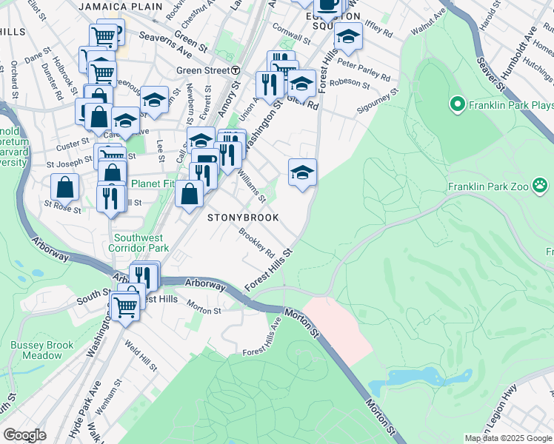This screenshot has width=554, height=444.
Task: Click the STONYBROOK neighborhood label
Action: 243,218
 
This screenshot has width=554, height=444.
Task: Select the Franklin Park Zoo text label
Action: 488,186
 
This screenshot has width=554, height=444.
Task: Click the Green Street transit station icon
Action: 236,70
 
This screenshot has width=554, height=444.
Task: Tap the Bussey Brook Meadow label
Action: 42,350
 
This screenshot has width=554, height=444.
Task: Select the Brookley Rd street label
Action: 256,243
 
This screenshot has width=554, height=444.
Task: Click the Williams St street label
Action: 251,187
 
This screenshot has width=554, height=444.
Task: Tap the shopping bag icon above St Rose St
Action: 65,186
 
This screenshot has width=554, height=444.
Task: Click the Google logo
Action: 24,435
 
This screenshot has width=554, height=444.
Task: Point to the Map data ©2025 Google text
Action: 507,438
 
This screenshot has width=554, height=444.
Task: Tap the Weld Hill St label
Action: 140,357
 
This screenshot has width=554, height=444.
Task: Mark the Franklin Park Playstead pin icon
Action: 457,105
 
